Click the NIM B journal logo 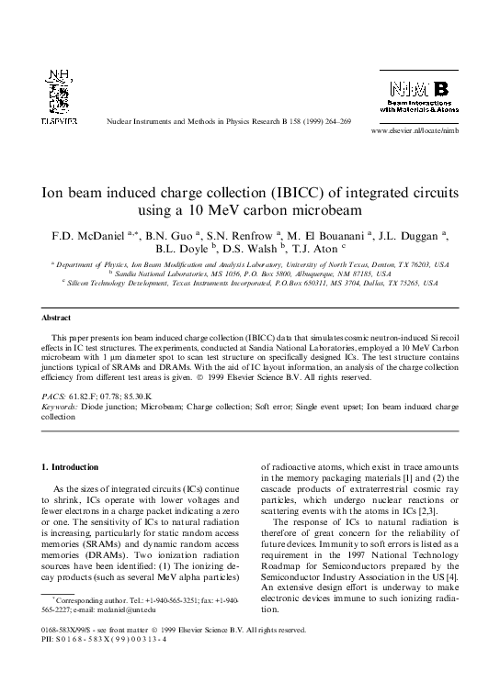pyautogui.click(x=418, y=95)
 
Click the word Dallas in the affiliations pyautogui.click(x=352, y=284)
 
